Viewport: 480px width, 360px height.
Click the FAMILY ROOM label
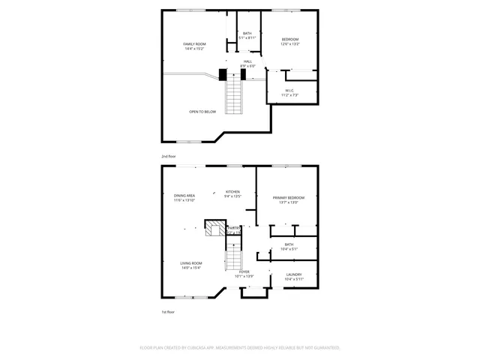coord(195,44)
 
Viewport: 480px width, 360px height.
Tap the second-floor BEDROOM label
coord(290,39)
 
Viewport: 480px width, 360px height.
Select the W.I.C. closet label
coord(289,91)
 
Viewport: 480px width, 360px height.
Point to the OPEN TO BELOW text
coord(202,112)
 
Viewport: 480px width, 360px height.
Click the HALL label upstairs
coord(247,61)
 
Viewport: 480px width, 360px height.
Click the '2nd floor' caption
coord(169,156)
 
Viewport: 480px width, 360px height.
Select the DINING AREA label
coord(184,196)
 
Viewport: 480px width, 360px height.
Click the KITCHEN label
coord(233,192)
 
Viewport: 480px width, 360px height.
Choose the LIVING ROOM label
coord(190,263)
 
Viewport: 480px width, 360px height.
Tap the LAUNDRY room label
coord(294,274)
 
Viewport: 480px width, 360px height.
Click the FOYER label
coord(244,271)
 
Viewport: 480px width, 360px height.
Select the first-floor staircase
coord(235,259)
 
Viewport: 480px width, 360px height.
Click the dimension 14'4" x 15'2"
coord(195,49)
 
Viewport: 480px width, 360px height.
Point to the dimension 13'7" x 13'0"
coord(289,202)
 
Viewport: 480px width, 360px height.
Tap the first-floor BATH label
coord(289,244)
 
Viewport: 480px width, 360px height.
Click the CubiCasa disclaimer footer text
coord(240,348)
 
